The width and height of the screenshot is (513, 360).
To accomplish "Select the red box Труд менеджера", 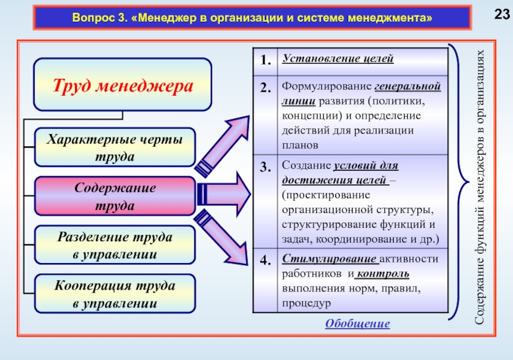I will tap(122, 85).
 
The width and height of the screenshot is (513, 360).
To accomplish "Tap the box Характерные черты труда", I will tap(115, 148).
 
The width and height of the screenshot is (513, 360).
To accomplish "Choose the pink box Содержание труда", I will tap(115, 196).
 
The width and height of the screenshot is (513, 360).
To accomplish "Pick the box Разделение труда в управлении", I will tap(115, 245).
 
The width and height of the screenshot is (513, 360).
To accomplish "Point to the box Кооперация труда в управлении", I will tap(115, 293).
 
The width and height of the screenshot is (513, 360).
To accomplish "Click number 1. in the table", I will tap(265, 60).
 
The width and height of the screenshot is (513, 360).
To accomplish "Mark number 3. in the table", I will tap(265, 167).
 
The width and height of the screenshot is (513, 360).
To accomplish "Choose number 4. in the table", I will tap(265, 261).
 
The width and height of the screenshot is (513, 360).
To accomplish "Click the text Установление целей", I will tap(337, 59).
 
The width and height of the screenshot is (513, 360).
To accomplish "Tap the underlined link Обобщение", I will tap(357, 324).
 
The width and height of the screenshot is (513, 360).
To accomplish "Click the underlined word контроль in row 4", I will tap(383, 274).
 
